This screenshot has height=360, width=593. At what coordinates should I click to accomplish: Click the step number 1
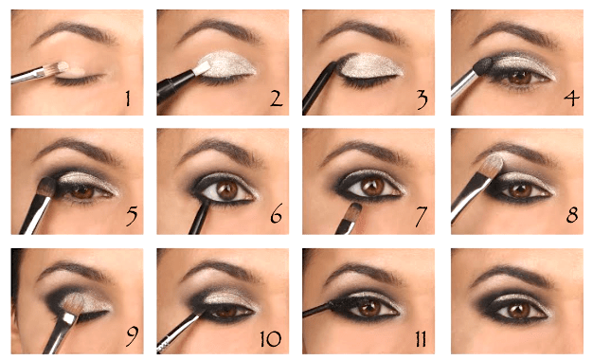click(x=128, y=98)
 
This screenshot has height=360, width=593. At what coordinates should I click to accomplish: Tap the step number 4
click(x=571, y=99)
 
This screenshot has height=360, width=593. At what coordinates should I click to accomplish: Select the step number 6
click(x=277, y=214)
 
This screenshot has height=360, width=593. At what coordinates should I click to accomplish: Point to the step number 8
click(x=572, y=214)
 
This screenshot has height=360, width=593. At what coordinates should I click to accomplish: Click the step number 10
click(x=270, y=338)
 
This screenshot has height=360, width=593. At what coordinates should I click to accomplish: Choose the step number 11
click(x=421, y=338)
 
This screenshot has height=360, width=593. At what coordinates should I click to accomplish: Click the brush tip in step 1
click(x=59, y=67)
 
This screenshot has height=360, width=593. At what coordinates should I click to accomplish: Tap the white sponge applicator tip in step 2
click(x=202, y=68)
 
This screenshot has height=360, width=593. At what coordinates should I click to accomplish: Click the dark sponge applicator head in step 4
click(x=483, y=65)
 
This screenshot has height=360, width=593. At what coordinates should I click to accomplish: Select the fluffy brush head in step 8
click(x=493, y=165)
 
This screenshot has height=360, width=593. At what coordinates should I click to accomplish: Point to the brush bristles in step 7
click(x=354, y=212)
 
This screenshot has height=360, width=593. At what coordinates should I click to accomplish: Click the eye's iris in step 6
click(x=227, y=190)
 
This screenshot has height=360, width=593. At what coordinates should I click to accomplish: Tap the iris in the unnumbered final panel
click(x=520, y=311)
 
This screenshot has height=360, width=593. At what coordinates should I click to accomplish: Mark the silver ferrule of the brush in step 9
click(x=69, y=318)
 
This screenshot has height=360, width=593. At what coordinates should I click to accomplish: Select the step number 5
click(x=132, y=215)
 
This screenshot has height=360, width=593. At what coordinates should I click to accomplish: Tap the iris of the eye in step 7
click(x=372, y=188)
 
